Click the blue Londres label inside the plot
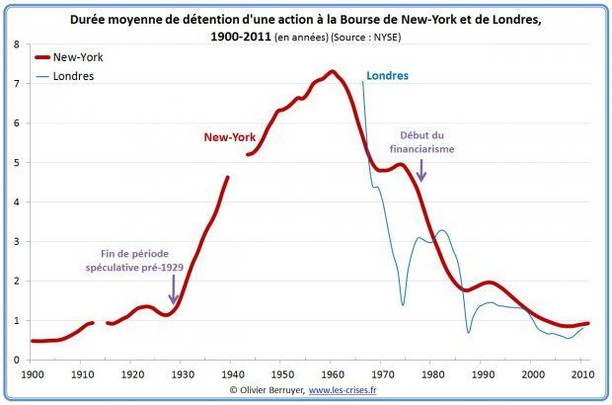(x=387, y=76)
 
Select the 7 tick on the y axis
(x=18, y=84)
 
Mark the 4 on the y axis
(x=18, y=202)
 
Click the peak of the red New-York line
(x=331, y=72)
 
